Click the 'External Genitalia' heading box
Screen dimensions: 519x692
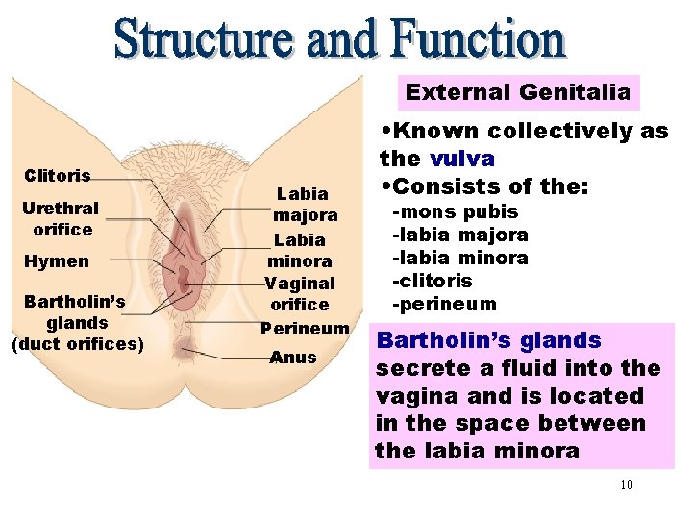518,92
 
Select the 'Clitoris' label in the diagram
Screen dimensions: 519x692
58,176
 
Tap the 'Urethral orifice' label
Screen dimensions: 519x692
62,218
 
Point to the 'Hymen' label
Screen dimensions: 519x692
56,261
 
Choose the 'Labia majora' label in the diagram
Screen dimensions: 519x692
303,204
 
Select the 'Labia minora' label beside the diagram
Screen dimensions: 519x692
300,250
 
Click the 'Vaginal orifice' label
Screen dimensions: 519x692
300,294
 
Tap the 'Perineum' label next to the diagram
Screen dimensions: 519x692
305,328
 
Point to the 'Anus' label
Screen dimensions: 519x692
293,358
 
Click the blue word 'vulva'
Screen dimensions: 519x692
462,159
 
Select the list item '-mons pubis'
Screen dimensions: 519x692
455,211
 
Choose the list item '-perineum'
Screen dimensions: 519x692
443,304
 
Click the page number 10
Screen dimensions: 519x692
627,484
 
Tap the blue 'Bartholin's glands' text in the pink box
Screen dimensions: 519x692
488,340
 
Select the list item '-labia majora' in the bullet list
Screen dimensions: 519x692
459,235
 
